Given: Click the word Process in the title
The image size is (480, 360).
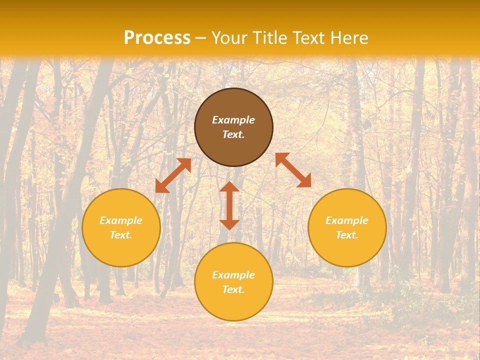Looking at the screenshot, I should [157, 38].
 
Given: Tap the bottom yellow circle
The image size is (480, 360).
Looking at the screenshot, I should [233, 305].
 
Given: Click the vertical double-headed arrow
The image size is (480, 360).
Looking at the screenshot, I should [229, 205].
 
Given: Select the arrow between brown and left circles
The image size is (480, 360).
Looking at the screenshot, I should [173, 175].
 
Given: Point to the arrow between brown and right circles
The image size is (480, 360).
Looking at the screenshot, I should [293, 170].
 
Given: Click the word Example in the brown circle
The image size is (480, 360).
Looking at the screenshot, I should [233, 120].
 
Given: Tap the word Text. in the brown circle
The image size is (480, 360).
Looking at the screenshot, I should [233, 134].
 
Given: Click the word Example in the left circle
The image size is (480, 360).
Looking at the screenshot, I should [121, 220].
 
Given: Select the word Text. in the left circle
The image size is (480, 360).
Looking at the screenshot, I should [121, 235].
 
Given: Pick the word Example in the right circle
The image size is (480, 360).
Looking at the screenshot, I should [347, 220].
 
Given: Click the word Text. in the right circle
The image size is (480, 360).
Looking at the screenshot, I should [347, 235].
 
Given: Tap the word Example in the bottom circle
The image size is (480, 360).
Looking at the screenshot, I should [233, 275].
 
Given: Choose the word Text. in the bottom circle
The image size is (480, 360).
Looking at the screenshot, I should [233, 289].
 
